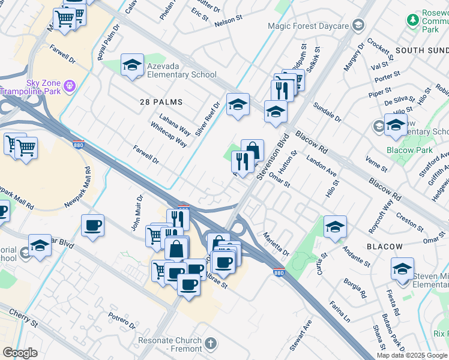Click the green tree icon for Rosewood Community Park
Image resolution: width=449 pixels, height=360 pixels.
(413, 20)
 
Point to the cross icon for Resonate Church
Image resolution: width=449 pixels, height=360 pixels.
(209, 344)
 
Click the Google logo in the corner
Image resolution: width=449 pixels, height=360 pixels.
(20, 353)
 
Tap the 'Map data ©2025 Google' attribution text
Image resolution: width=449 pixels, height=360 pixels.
(412, 355)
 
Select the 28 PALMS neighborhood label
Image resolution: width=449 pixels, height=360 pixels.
(161, 102)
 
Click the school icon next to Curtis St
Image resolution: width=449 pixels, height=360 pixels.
(335, 226)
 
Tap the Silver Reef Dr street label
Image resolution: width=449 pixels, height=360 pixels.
(207, 118)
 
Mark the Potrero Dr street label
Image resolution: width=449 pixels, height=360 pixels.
(122, 320)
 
